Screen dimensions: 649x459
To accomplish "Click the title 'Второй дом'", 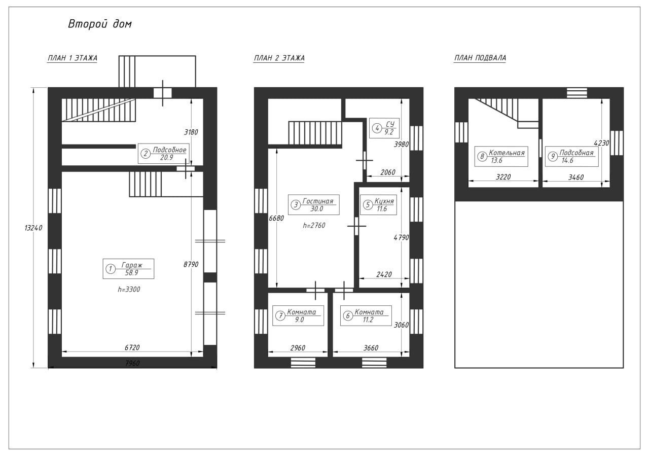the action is pos(100,24).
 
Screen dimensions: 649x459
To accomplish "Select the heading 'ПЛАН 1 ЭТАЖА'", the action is pos(73,58).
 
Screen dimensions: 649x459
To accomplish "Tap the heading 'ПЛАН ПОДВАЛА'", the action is pos(480,58).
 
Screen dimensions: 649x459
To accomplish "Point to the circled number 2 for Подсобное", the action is pos(146,154).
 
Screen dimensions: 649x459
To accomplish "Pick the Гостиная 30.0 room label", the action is pos(314,204).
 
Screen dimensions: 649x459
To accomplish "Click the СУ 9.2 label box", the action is pos(384,128).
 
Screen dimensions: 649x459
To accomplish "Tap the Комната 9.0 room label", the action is pos(298,315).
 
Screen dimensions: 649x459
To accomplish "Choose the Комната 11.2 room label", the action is pos(366,315).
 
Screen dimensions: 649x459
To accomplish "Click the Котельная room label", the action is pos(501,157).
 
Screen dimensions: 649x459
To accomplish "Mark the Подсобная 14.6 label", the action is pos(571,157).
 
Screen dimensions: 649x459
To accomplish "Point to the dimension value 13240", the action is pos(33,228).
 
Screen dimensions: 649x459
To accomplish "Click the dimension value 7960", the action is pos(132,363).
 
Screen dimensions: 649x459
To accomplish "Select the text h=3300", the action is pos(129,290).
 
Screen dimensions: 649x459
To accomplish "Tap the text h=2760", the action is pos(314,226).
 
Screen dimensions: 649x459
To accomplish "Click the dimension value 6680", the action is pos(276,218).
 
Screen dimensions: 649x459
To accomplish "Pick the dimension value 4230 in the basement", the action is pos(601,143).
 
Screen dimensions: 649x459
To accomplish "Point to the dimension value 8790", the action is pos(191,264).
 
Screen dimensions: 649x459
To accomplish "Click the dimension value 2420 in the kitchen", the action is pos(384,274).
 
